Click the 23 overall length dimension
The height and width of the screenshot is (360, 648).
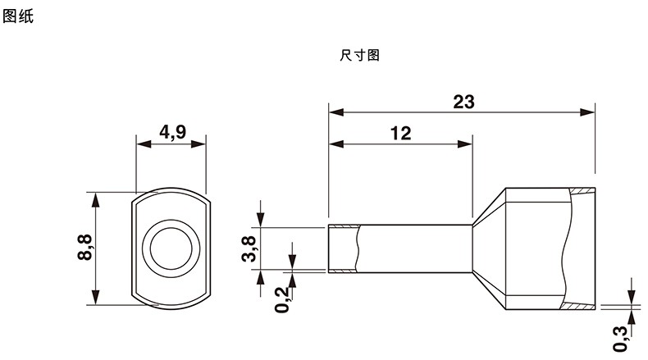tap(463, 102)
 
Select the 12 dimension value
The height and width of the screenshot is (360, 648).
tap(400, 133)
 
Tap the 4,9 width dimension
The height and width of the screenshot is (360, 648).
tap(173, 132)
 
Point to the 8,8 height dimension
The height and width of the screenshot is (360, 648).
tap(84, 247)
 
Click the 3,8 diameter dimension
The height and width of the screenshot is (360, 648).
tap(249, 248)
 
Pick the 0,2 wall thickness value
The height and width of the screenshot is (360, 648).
tap(282, 299)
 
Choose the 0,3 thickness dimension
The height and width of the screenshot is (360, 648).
tap(621, 339)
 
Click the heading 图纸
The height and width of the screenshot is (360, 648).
tap(18, 16)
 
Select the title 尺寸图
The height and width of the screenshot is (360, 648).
tap(359, 55)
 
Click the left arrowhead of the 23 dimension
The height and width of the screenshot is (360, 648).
tap(336, 112)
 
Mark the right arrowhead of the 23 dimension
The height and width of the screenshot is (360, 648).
tap(587, 112)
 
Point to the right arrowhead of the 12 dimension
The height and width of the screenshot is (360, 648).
tap(465, 144)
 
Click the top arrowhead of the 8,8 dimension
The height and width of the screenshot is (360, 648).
tap(95, 199)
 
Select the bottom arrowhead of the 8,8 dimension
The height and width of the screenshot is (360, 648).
tap(95, 298)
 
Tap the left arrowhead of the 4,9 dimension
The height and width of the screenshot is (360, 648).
tap(144, 144)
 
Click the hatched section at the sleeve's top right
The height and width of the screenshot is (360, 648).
tap(582, 191)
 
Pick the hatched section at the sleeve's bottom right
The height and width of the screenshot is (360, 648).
tap(577, 306)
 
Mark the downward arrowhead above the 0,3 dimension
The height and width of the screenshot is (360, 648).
tap(632, 297)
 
